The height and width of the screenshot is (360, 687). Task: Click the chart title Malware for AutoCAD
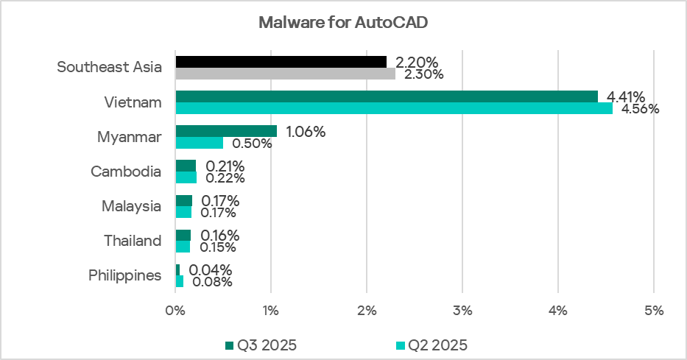click(x=343, y=22)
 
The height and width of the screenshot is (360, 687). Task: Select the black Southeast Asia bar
click(x=281, y=61)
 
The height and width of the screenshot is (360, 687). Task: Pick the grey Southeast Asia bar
click(x=285, y=74)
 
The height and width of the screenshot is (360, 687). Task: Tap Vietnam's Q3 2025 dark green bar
click(x=387, y=96)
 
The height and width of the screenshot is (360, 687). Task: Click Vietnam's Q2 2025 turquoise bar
click(x=394, y=108)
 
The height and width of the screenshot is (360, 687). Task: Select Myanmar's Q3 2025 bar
click(x=226, y=131)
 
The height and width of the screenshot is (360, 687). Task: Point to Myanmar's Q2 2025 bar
click(x=199, y=143)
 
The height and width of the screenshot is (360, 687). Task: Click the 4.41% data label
click(x=626, y=96)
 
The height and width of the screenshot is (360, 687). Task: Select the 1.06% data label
click(x=305, y=132)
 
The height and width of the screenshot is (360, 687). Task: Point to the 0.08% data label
click(x=212, y=281)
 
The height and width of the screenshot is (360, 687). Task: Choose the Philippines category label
click(x=125, y=275)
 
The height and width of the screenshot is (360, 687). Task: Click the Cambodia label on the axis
click(x=126, y=172)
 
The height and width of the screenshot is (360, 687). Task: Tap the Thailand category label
click(x=132, y=241)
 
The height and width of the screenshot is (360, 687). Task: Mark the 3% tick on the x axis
click(x=462, y=311)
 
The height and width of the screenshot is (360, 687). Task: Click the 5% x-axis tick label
click(x=654, y=311)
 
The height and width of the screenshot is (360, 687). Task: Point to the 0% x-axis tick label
click(x=175, y=311)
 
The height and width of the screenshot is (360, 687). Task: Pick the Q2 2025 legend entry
click(x=433, y=345)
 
